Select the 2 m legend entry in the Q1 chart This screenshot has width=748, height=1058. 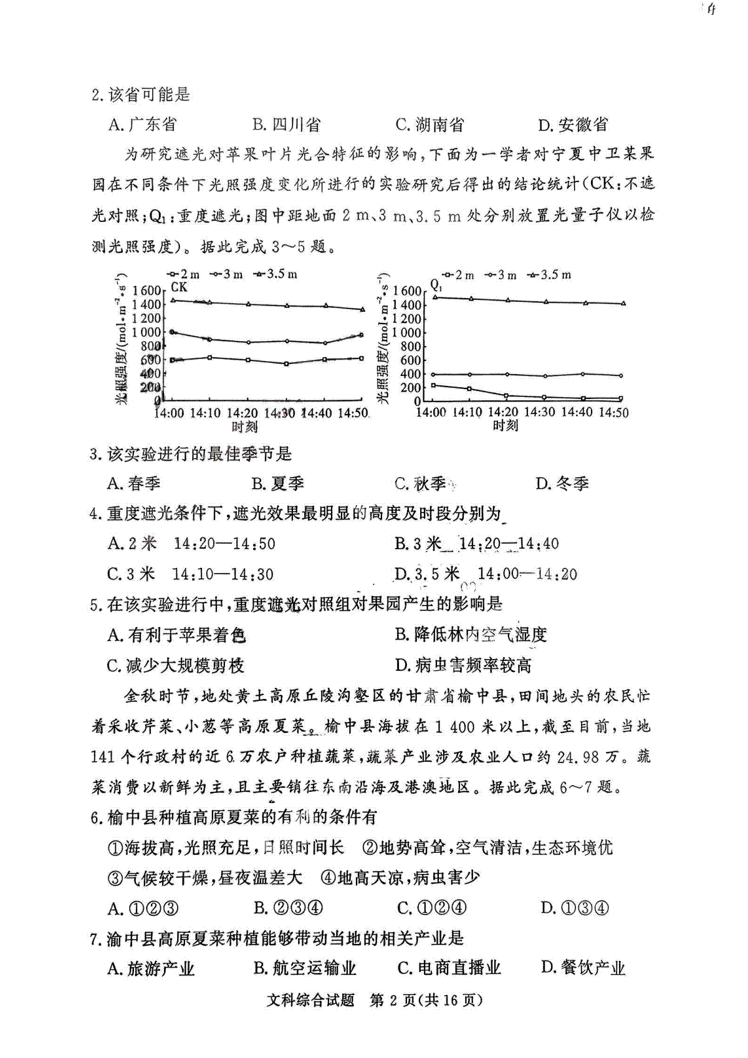point(458,275)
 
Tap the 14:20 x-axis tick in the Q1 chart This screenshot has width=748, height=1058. point(504,412)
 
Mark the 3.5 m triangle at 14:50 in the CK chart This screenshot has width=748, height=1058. point(362,309)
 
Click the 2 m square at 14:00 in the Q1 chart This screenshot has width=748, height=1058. point(433,385)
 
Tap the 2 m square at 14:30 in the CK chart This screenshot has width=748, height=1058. point(286,363)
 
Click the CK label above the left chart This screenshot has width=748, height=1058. point(179,287)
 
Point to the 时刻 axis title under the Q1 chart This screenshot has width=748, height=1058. point(506,426)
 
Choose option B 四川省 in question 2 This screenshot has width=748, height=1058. point(286,125)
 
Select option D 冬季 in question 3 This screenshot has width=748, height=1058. point(562,484)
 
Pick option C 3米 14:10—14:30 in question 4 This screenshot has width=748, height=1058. point(191,574)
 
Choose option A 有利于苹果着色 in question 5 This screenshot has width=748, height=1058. point(177,635)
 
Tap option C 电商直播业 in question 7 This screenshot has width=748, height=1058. point(449,968)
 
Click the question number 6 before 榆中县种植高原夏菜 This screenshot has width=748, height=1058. point(96,817)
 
